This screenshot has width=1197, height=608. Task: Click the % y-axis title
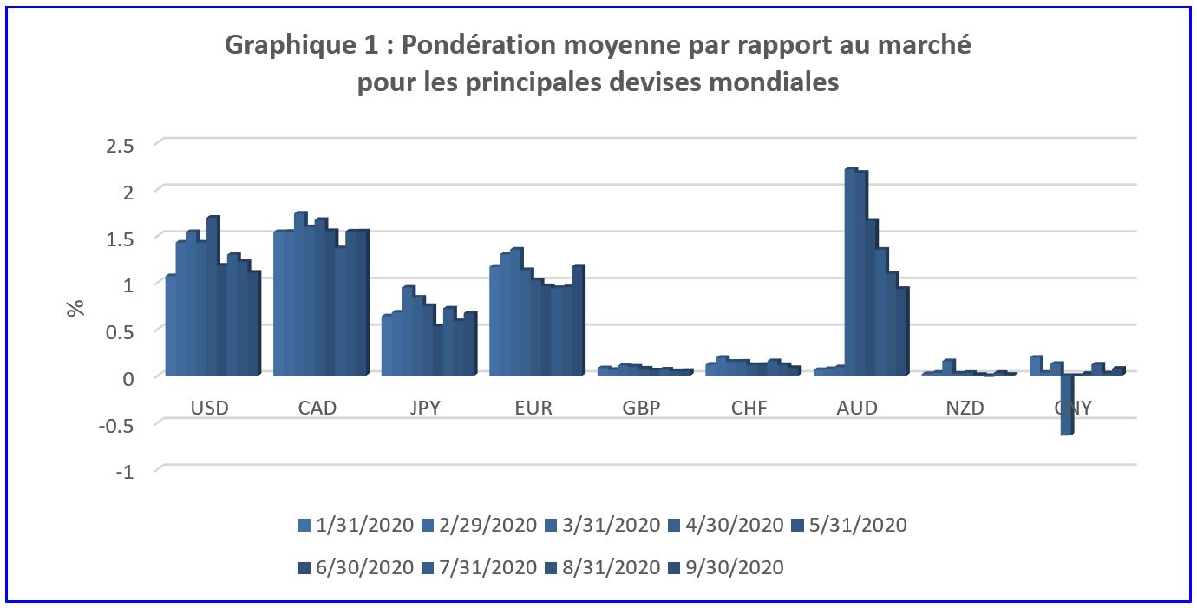pyautogui.click(x=77, y=308)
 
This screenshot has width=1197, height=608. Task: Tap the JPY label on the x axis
pyautogui.click(x=425, y=408)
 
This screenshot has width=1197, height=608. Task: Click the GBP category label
pyautogui.click(x=641, y=408)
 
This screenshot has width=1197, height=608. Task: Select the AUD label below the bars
pyautogui.click(x=857, y=408)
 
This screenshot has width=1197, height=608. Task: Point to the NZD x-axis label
pyautogui.click(x=965, y=408)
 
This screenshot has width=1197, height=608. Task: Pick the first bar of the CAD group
pyautogui.click(x=278, y=304)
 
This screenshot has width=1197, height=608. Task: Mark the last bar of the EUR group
pyautogui.click(x=578, y=321)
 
